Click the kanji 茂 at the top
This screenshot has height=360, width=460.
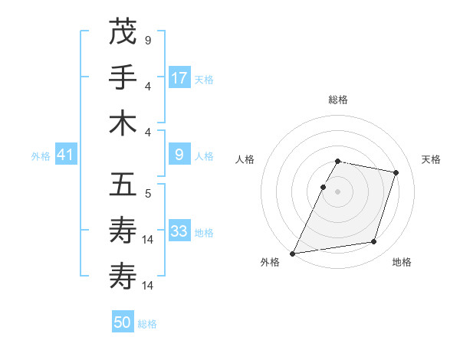coord(123,32)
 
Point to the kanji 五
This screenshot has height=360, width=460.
coord(123,185)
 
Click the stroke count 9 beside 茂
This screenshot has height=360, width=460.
coord(147,40)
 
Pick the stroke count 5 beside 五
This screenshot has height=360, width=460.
coord(147,194)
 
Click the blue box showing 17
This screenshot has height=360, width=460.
coord(179,77)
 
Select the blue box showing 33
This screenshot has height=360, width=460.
coord(179,231)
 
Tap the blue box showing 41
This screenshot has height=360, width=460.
coord(65,155)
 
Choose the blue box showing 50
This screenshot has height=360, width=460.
coord(123,322)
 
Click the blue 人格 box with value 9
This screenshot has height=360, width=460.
coord(179,155)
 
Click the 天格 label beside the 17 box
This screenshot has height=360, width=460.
coord(203,80)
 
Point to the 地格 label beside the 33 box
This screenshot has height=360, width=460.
coord(203,233)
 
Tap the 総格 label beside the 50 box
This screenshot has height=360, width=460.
coord(147,324)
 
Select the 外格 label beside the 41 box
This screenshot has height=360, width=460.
coord(41,156)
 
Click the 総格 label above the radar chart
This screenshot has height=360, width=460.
coord(337,100)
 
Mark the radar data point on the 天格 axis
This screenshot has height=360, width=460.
coord(396,173)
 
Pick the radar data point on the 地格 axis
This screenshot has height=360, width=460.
coord(373,242)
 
